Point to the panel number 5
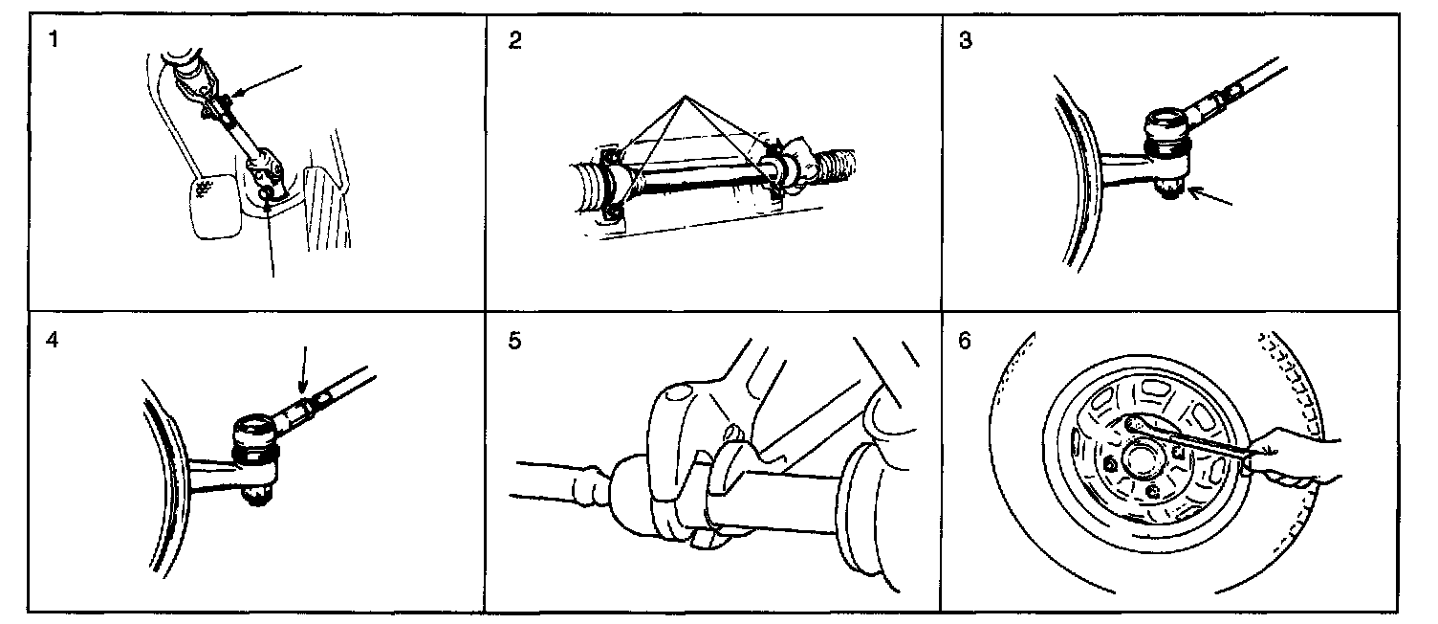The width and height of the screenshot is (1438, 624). tap(515, 342)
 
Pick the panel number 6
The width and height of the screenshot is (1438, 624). tap(966, 342)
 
